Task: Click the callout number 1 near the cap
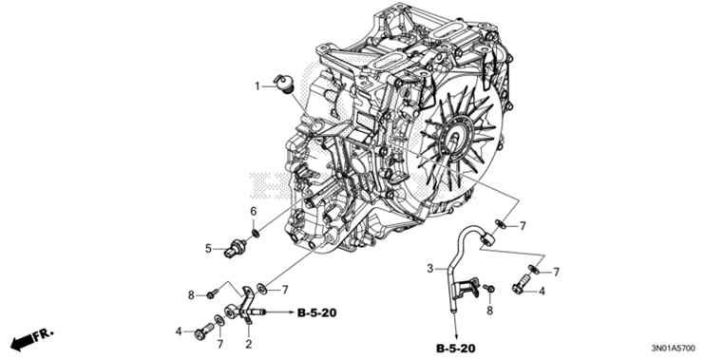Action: [x=257, y=86]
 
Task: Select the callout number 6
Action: [x=254, y=211]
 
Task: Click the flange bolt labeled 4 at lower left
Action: [x=202, y=332]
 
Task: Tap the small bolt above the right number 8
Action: [x=488, y=287]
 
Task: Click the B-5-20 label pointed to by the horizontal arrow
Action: [x=316, y=311]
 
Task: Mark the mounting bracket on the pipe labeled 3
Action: [x=463, y=282]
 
